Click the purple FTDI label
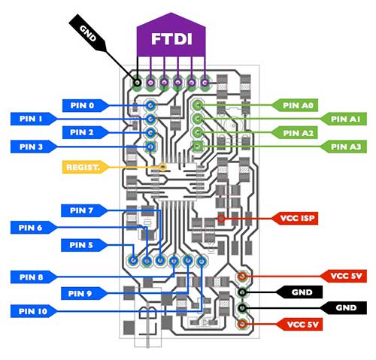point(171,35)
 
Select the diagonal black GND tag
point(88,33)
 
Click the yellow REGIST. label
point(85,167)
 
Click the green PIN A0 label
point(295,105)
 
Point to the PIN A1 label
point(344,119)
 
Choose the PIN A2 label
point(295,133)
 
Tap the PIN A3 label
point(344,147)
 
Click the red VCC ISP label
point(295,218)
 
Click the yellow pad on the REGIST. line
point(163,167)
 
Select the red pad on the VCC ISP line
point(221,219)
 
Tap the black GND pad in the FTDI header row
point(137,83)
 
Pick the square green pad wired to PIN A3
point(198,146)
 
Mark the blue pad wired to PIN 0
point(150,105)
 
